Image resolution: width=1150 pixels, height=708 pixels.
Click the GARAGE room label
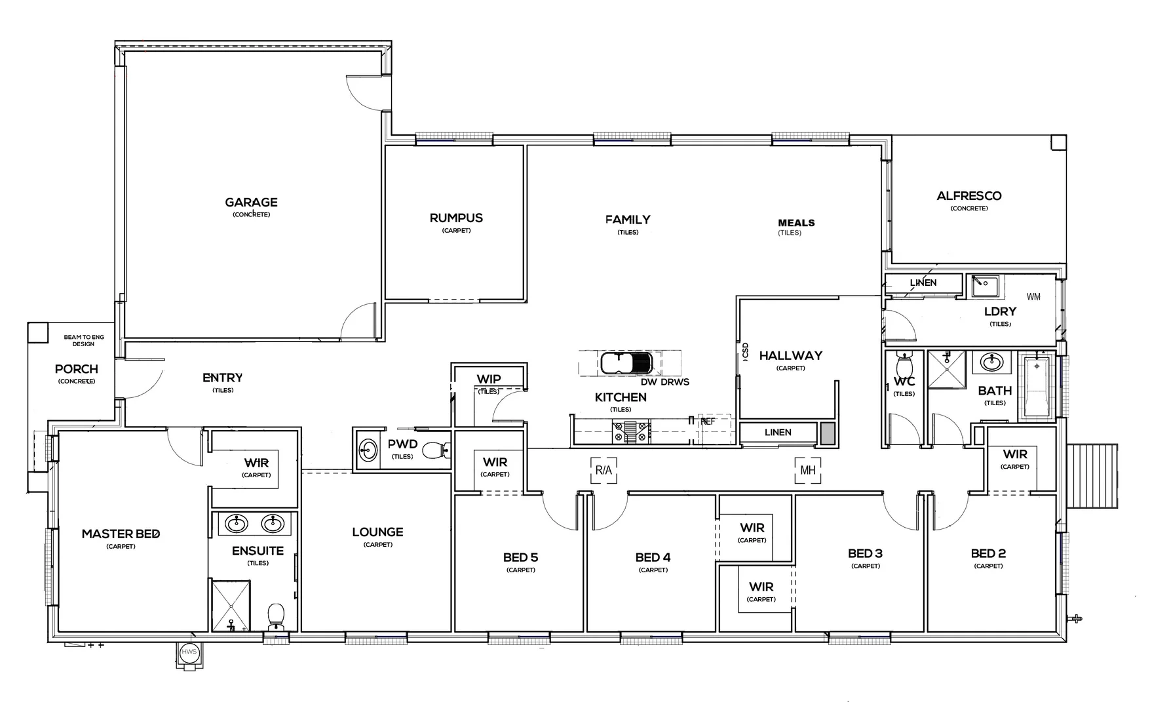pos(251,203)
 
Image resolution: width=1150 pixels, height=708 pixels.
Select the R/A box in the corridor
pos(604,470)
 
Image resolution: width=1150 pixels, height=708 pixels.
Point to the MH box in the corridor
pos(808,470)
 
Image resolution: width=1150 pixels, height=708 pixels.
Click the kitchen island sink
pos(626,363)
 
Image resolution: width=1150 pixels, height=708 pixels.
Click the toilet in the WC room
pos(904,362)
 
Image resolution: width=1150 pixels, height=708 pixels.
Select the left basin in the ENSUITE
pos(236,524)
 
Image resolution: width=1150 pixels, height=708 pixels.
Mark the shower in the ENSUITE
pos(231,605)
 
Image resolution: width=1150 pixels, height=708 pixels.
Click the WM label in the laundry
pos(1033,297)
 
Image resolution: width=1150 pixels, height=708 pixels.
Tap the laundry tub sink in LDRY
pos(984,286)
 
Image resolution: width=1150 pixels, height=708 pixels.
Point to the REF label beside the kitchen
pos(708,422)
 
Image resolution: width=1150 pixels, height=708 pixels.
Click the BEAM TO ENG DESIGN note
pos(83,340)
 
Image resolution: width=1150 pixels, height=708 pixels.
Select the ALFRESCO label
pos(968,195)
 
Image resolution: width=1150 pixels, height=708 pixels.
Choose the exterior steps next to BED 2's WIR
pos(1092,475)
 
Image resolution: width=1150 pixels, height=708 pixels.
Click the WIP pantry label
pos(489,379)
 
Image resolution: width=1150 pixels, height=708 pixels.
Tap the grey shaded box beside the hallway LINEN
pos(828,433)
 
